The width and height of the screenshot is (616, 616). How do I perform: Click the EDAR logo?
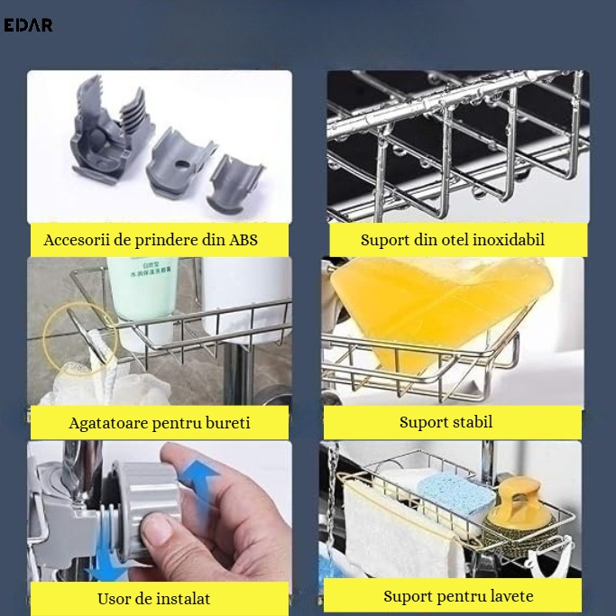click(28, 25)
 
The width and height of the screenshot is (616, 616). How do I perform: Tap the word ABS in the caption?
click(244, 240)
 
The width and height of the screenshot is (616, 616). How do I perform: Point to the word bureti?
click(227, 423)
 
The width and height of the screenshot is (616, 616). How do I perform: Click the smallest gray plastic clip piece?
click(234, 183)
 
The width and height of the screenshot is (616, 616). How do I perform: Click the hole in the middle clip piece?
click(181, 164)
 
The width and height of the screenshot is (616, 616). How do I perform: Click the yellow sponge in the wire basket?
click(437, 307)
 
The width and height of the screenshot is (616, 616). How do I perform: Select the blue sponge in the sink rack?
click(455, 492)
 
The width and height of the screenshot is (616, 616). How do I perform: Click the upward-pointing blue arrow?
click(198, 486)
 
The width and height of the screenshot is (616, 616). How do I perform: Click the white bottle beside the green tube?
click(245, 299)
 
